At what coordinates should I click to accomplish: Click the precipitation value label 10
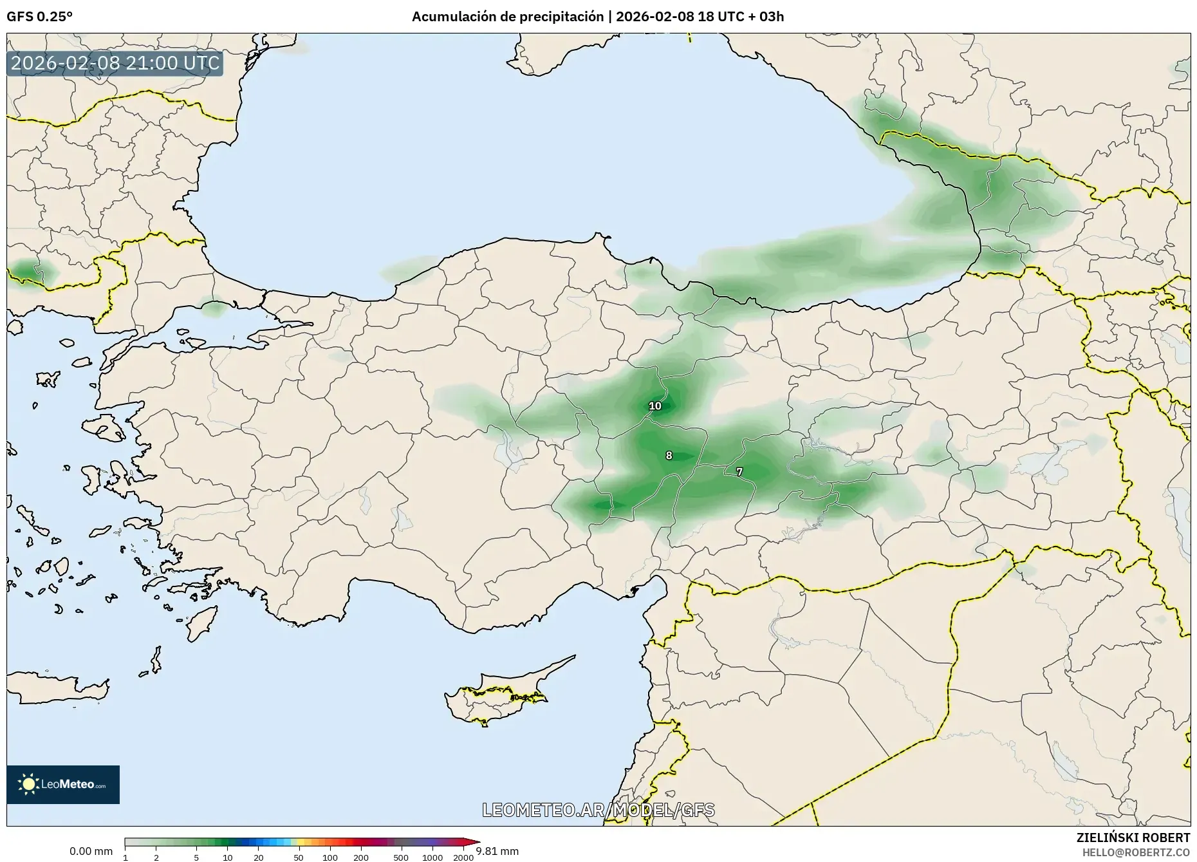(654, 406)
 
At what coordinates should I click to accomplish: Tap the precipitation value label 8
(669, 456)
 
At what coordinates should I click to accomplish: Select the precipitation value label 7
(739, 472)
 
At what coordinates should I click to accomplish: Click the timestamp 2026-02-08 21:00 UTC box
(115, 63)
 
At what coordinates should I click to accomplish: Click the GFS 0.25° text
(39, 17)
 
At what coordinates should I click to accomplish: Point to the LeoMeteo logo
(63, 784)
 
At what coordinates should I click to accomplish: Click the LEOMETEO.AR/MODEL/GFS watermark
(598, 810)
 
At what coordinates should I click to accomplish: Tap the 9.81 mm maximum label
(497, 851)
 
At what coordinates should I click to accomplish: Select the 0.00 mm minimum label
(91, 851)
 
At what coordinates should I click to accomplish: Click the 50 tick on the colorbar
(299, 857)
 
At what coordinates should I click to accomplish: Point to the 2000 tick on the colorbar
(463, 857)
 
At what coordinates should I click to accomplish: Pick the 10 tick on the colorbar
(227, 857)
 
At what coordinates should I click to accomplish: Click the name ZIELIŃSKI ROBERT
(1133, 838)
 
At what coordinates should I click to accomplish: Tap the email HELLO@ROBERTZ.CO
(1136, 852)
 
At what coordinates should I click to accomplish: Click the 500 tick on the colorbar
(401, 857)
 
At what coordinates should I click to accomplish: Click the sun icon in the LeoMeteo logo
(28, 784)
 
